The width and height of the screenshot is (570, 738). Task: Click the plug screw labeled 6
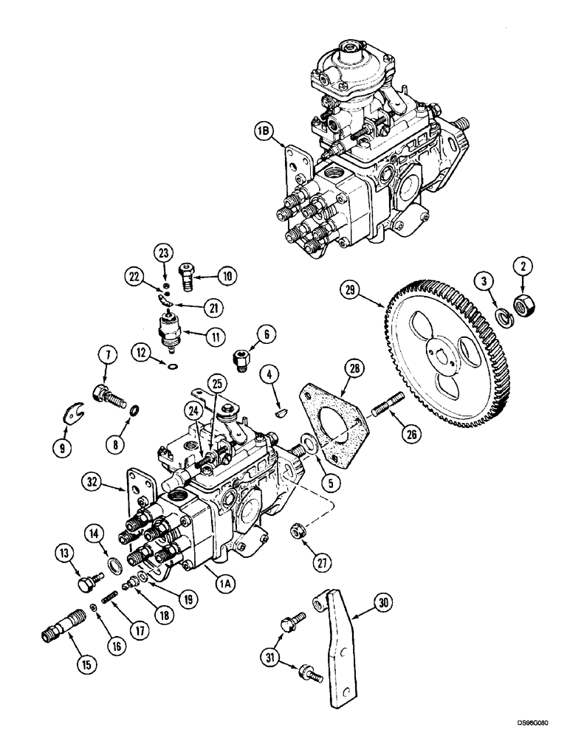(x=239, y=359)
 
